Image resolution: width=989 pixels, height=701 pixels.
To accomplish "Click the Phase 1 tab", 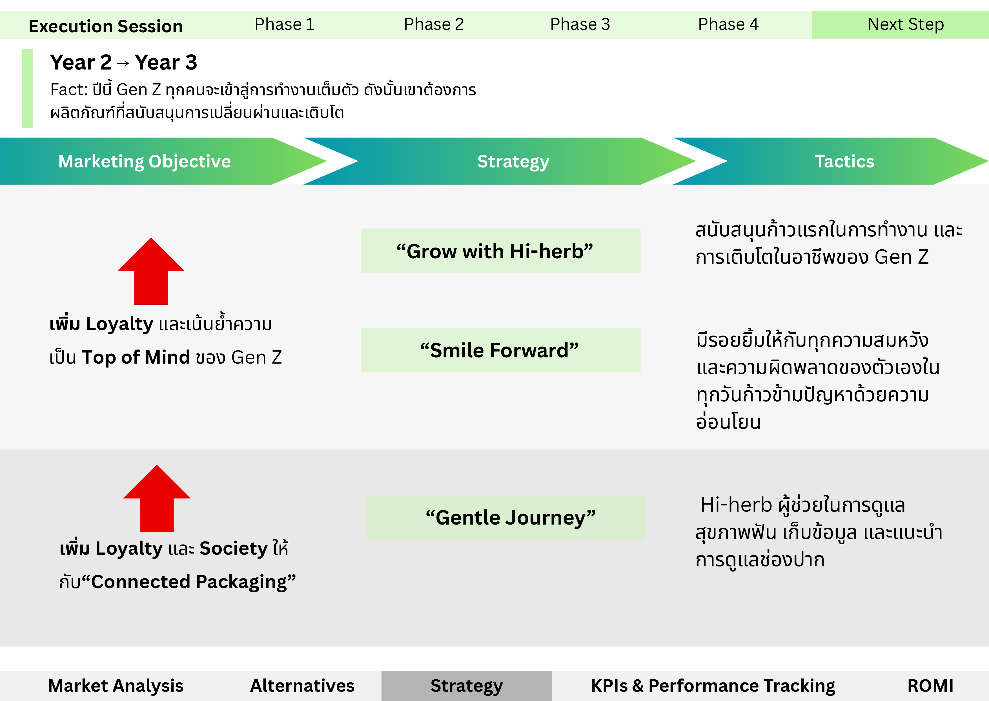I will click(284, 24).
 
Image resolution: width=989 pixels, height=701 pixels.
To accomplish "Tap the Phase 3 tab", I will click(580, 24).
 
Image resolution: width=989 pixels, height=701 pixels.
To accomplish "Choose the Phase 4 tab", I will click(728, 24).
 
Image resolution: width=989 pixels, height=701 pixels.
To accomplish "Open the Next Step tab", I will click(906, 24).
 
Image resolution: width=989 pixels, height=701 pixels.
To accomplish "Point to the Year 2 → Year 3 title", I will click(124, 62).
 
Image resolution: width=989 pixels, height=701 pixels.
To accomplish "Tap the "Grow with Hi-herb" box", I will click(500, 251).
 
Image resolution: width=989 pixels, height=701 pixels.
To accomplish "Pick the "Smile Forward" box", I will click(500, 350).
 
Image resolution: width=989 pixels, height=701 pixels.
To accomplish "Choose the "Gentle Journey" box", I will click(505, 517).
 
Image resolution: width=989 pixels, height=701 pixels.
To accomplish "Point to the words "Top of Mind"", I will click(136, 357).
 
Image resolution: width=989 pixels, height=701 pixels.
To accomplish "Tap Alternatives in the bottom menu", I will click(302, 686).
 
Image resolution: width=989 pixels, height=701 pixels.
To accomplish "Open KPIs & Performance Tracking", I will click(713, 686).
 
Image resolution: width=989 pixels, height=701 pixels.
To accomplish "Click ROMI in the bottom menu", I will click(930, 686).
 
